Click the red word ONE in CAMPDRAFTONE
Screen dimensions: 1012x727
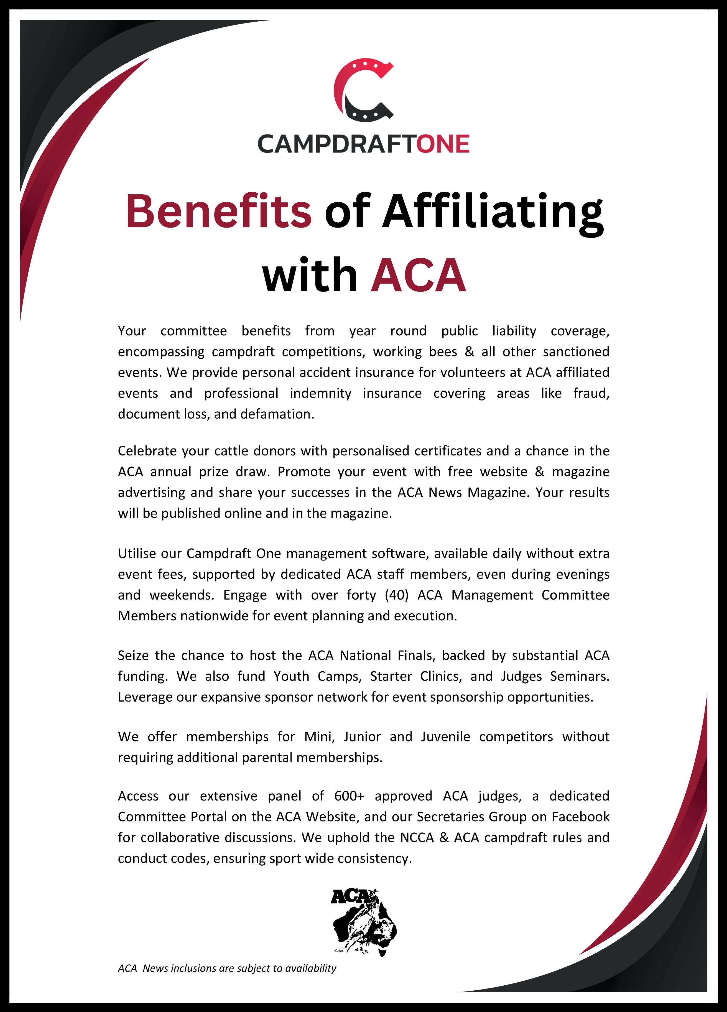pyautogui.click(x=443, y=144)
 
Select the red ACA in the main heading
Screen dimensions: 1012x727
pyautogui.click(x=418, y=275)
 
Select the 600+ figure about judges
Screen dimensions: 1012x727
pyautogui.click(x=349, y=796)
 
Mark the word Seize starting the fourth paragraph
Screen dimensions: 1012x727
pyautogui.click(x=133, y=656)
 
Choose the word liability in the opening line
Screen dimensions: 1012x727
pyautogui.click(x=514, y=331)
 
